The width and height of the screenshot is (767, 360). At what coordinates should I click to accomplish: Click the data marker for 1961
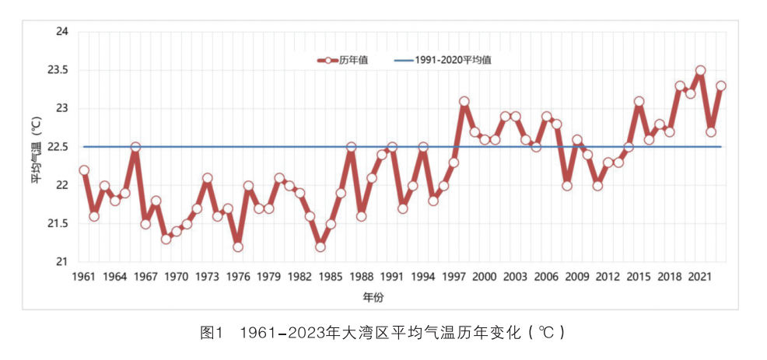tap(84, 170)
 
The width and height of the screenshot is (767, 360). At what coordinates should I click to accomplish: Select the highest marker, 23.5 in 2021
tap(700, 71)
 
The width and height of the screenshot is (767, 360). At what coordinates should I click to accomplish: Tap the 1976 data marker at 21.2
tap(238, 246)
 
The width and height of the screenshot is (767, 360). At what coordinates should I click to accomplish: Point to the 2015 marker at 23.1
tap(639, 101)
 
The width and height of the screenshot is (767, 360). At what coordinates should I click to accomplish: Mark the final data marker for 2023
tap(721, 86)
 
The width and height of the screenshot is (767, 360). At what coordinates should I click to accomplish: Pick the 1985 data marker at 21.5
tap(331, 224)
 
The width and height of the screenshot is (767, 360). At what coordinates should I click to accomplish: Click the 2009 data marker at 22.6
tap(577, 140)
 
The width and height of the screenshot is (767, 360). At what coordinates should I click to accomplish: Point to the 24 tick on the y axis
tap(62, 32)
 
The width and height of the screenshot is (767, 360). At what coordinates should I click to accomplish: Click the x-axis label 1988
tap(362, 277)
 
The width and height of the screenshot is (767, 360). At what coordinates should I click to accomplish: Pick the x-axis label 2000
tap(485, 277)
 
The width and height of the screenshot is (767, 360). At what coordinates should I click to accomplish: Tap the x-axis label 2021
tap(700, 277)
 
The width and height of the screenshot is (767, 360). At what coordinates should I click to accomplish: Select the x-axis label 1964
tap(115, 277)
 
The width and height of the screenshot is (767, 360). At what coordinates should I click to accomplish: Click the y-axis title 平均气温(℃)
tap(37, 148)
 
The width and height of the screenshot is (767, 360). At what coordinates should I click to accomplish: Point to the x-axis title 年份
tap(373, 297)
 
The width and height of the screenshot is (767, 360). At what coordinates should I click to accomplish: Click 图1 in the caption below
tap(212, 333)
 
